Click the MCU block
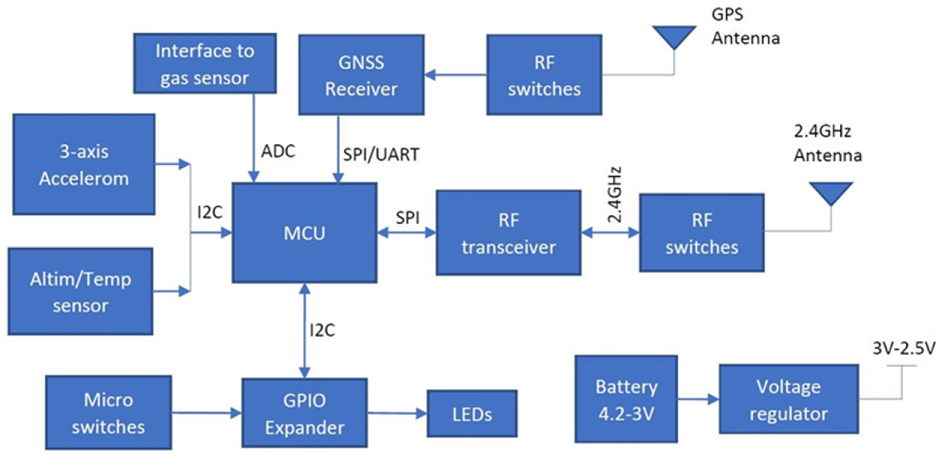coord(304,233)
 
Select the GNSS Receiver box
coord(361,75)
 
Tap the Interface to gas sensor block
coord(204,64)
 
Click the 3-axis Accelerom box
coord(84,164)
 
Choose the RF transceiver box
coord(508,233)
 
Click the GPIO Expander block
coord(304,413)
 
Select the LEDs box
coord(472,414)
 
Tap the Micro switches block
coord(108,413)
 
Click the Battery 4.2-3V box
coord(626,399)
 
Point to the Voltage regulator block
coord(788,399)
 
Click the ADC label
coord(278,151)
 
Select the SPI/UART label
coord(381,154)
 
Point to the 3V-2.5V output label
coord(903,348)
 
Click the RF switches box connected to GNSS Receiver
coord(544,75)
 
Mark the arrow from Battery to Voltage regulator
coord(698,399)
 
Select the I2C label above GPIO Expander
coord(322,330)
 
